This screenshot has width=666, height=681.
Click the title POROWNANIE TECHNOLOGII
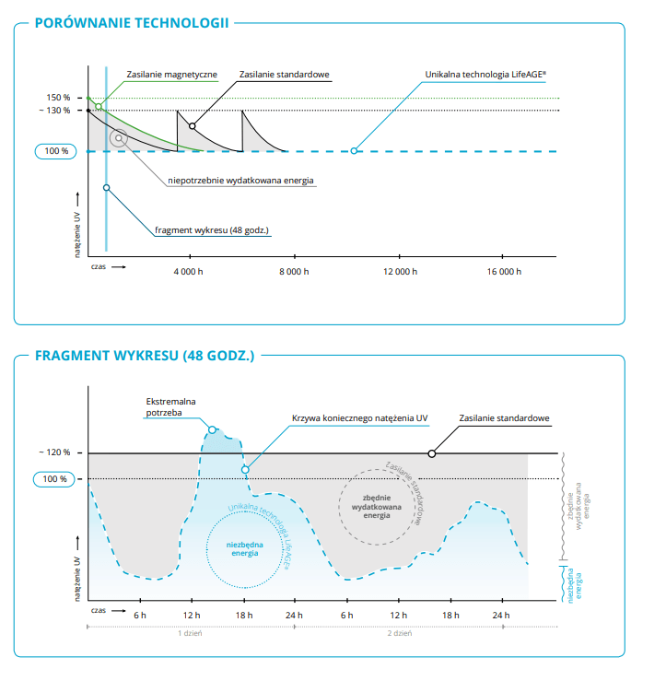coord(132,23)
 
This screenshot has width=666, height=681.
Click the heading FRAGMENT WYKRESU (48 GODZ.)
coord(145,356)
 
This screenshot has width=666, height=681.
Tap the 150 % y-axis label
coord(58,98)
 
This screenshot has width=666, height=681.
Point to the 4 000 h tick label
coord(189,272)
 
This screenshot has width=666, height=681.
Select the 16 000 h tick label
coord(504,272)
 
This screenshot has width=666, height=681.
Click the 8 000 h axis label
coord(294,272)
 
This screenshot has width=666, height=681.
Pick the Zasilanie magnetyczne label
coord(172,75)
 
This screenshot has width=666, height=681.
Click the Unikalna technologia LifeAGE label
coord(485,75)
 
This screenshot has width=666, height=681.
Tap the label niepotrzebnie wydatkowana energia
coord(240,181)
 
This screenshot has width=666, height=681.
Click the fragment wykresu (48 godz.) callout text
coord(212,230)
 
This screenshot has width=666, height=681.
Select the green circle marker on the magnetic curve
coord(99,106)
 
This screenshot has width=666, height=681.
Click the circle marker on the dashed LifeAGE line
coord(354,151)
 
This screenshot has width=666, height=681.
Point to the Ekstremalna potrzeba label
coord(170,407)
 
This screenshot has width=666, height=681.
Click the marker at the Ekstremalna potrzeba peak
coord(212,430)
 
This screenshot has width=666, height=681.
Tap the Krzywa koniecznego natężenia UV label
coord(359,418)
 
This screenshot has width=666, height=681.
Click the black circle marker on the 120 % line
coord(431,454)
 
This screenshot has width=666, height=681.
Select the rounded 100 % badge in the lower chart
coord(54,479)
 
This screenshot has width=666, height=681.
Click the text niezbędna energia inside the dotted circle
coord(244,549)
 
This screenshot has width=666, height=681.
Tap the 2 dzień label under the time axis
coord(400,633)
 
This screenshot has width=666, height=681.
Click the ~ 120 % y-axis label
coord(54,452)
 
